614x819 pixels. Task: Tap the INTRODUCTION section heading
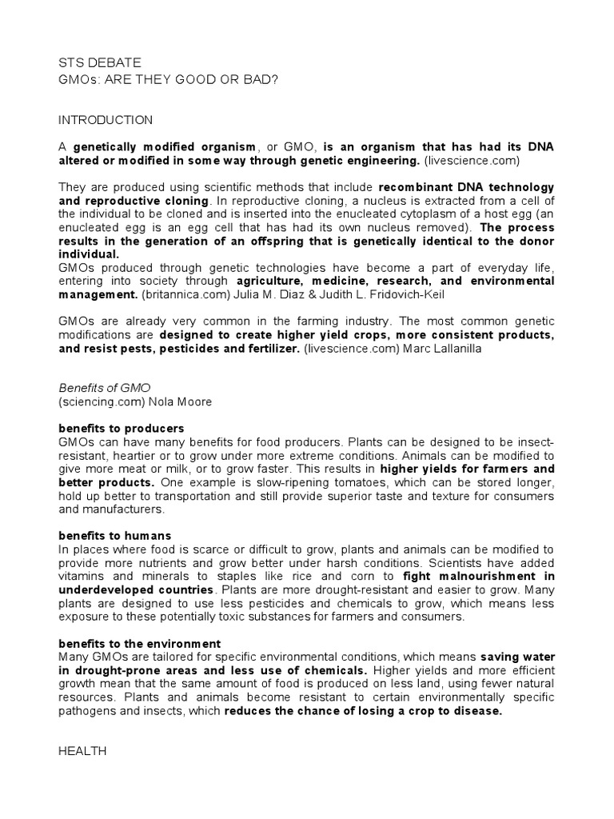tap(106, 120)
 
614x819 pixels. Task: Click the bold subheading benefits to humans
tap(115, 535)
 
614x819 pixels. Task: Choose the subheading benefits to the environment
tap(140, 644)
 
